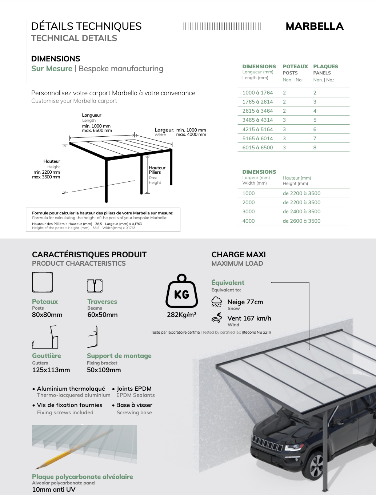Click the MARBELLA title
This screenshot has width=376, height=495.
coord(315,26)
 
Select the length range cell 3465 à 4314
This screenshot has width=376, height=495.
coord(257,120)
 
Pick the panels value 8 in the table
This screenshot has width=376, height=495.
coord(315,148)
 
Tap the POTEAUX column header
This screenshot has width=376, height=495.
coord(295,67)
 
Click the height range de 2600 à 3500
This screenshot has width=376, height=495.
coord(301,221)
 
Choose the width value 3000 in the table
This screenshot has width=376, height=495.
coord(249,212)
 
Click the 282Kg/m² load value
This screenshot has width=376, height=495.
coord(181,315)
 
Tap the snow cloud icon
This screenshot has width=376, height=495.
coord(217,302)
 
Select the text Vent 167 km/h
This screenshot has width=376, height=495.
coord(249,318)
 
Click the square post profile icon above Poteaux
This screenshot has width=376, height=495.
coord(42,282)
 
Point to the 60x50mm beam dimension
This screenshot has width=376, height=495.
coord(103,315)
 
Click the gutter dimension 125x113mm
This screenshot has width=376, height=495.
coord(51,370)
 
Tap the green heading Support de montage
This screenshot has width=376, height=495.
coord(119,356)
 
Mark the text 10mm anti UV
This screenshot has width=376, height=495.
coord(54,490)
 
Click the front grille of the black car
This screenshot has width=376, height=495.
coord(267,444)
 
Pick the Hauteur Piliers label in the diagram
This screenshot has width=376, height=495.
coord(157,170)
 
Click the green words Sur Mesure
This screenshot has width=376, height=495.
coord(52,69)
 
